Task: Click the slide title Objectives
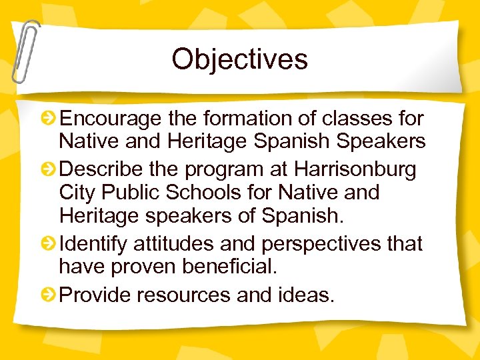click(239, 59)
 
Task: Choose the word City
click(76, 193)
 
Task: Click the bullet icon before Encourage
click(48, 119)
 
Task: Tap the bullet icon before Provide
click(48, 294)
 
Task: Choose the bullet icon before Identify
click(48, 245)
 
